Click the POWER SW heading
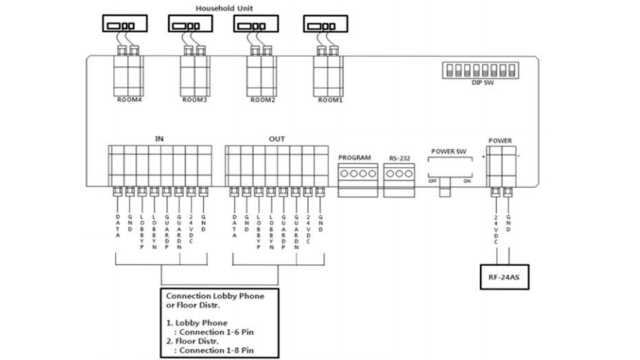point(448,151)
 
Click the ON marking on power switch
point(467,180)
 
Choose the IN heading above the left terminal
point(159,139)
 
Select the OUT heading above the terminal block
point(277,139)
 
